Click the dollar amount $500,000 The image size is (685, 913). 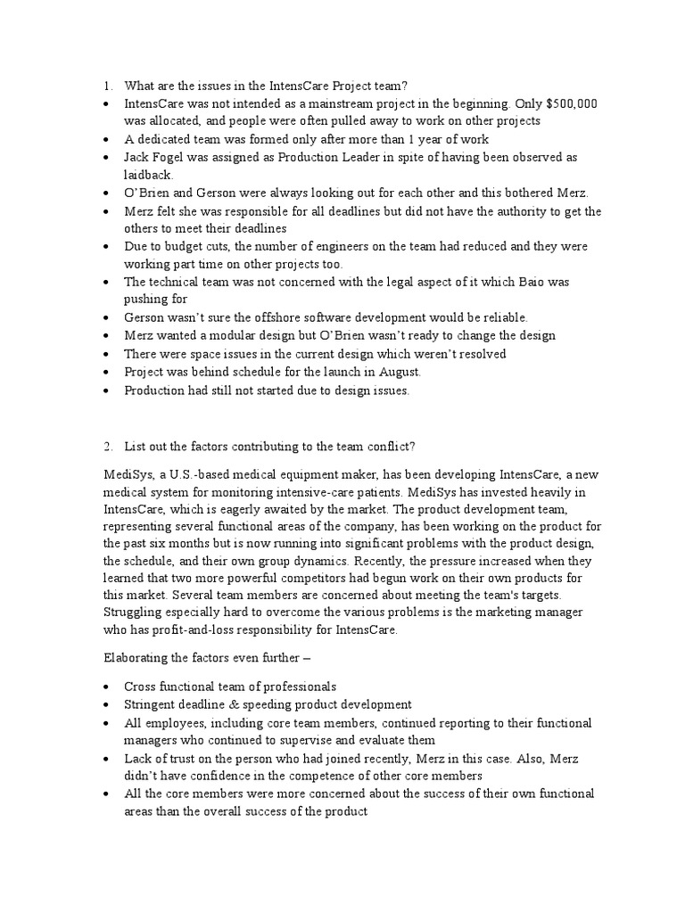(x=567, y=104)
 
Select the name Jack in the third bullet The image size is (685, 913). (x=136, y=158)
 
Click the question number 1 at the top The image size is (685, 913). (x=106, y=86)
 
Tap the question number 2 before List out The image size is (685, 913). (x=106, y=446)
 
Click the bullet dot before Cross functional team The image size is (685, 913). (x=106, y=687)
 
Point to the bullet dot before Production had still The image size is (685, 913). (x=106, y=390)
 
